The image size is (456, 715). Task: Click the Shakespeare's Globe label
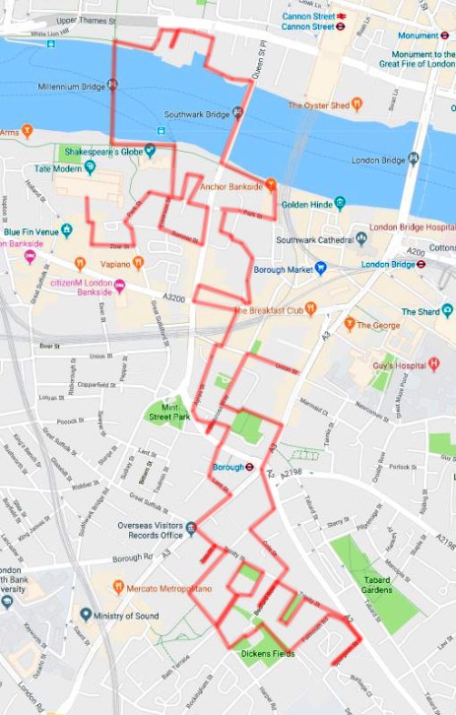click(x=97, y=152)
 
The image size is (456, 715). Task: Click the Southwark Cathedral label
click(x=314, y=239)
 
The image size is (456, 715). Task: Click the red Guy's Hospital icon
click(x=433, y=364)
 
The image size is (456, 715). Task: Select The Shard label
click(x=420, y=312)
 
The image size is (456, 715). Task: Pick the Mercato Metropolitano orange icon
click(x=117, y=588)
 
